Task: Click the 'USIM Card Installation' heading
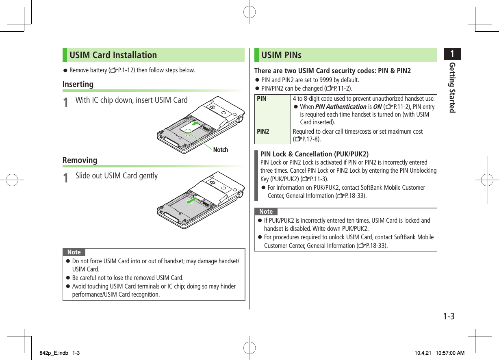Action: click(x=113, y=55)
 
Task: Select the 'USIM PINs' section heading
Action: click(x=282, y=55)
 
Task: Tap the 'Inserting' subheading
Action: click(x=78, y=84)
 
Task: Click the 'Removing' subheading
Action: click(x=80, y=160)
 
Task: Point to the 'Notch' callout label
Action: click(x=221, y=150)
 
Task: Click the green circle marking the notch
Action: click(x=187, y=131)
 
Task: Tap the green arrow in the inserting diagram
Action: click(x=195, y=123)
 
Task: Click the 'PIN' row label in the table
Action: click(x=262, y=99)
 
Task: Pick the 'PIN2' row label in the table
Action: click(x=263, y=132)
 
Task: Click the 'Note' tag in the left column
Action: click(x=74, y=252)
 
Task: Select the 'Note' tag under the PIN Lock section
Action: click(x=266, y=211)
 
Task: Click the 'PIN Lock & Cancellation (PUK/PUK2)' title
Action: click(x=315, y=154)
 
